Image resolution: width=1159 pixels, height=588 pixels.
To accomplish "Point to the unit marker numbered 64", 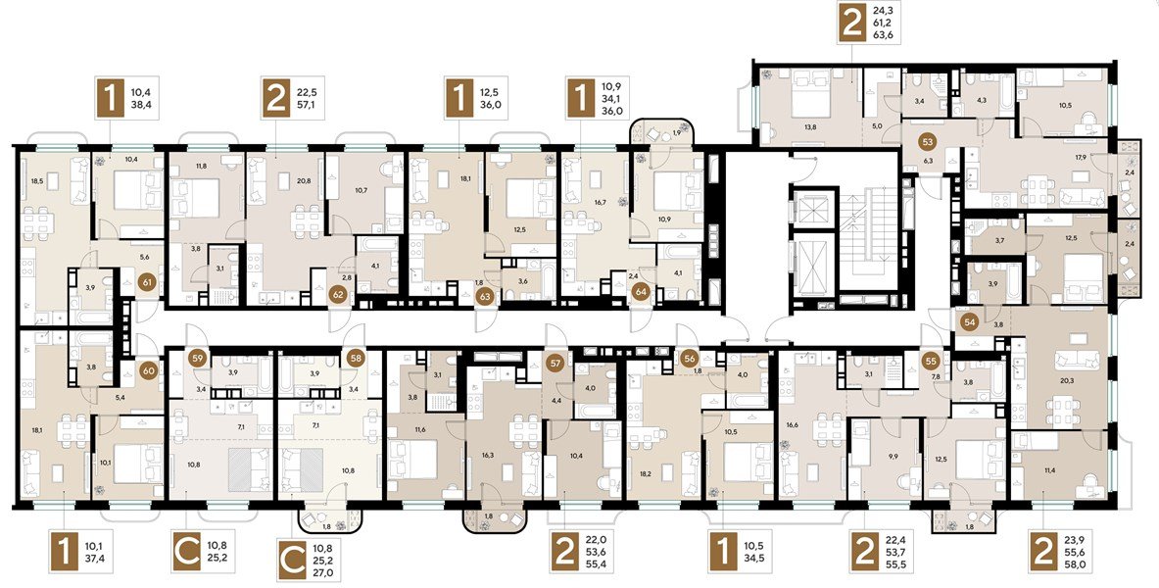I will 641,290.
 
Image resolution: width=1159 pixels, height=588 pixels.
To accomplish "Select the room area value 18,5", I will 38,182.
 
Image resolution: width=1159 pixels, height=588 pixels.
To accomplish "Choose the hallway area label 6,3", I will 927,162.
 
